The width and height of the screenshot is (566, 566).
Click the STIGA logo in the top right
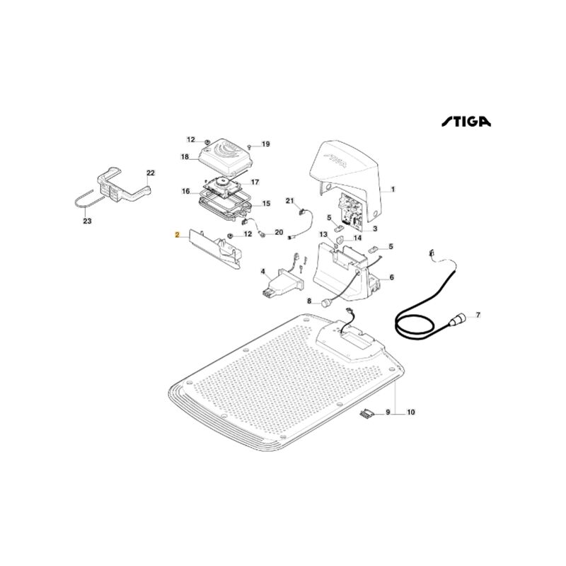point(466,121)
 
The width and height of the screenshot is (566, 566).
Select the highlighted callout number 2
point(177,235)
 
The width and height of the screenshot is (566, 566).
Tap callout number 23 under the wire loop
point(87,221)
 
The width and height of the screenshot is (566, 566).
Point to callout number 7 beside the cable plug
point(478,315)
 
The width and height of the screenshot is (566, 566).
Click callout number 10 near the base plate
point(411,412)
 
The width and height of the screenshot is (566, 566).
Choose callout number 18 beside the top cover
point(185,156)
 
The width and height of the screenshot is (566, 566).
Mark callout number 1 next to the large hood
point(393,189)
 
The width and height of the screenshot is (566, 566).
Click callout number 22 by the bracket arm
point(150,173)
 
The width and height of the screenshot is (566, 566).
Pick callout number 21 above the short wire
point(290,201)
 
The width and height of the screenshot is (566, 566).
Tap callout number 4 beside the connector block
point(263,271)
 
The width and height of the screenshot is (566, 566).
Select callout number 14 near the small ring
point(357,238)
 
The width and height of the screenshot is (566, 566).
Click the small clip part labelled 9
point(366,414)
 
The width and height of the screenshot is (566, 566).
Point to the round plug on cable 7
point(457,320)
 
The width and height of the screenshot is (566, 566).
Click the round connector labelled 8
point(327,303)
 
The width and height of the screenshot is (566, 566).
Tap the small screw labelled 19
point(250,146)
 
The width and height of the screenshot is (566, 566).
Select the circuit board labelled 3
point(350,211)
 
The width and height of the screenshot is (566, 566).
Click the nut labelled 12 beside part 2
point(229,236)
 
